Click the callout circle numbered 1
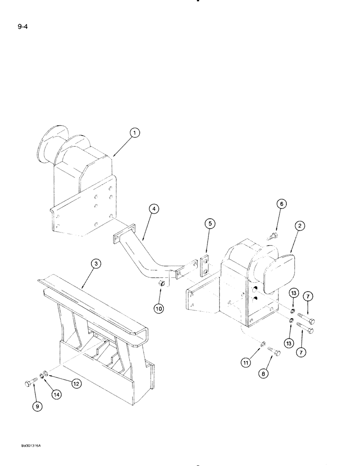[x=134, y=134]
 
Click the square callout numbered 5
[x=210, y=224]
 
